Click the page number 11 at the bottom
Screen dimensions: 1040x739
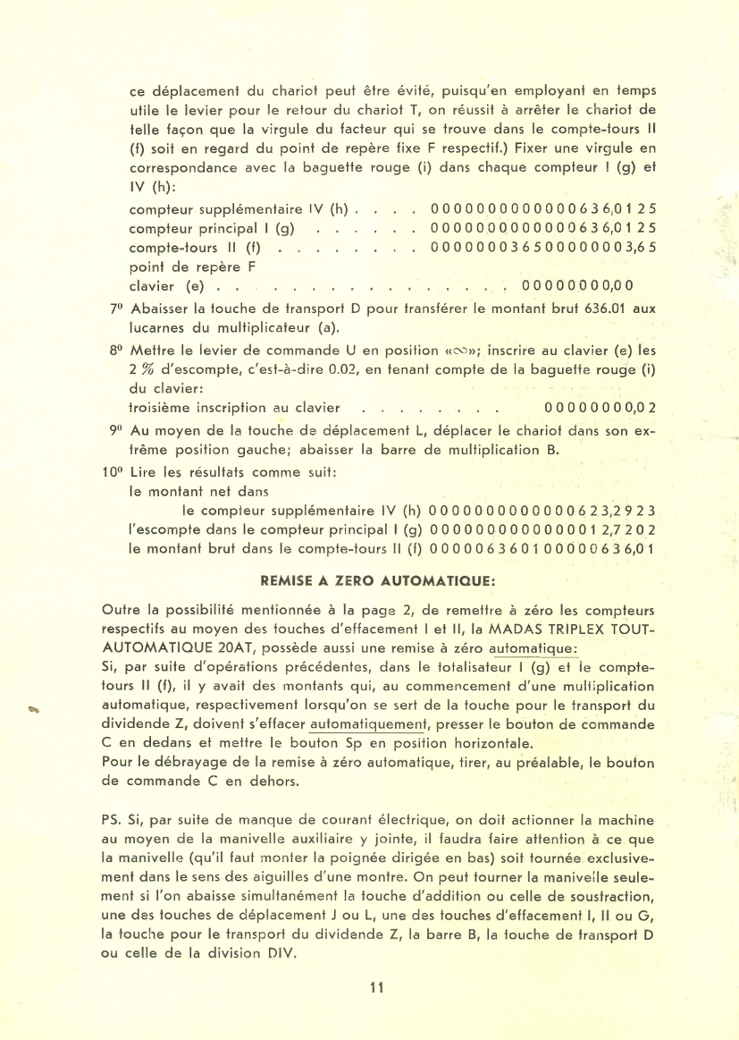coord(375,988)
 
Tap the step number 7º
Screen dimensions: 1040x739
coord(116,309)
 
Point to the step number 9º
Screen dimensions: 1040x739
coord(116,429)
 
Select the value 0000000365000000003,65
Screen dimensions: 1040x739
coord(543,247)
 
